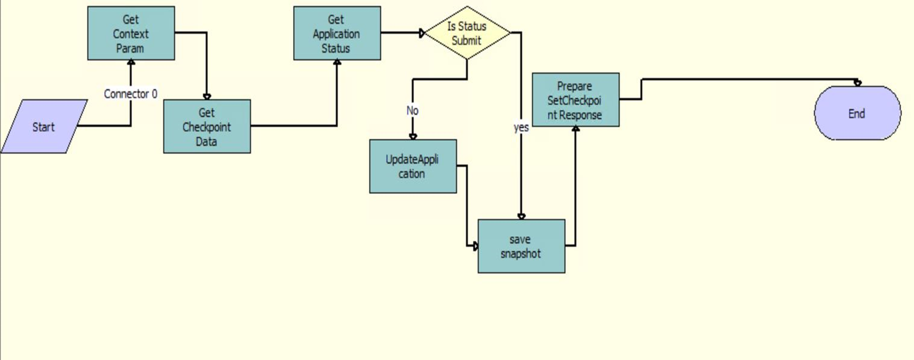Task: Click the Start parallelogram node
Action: (44, 126)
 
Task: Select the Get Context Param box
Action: (131, 33)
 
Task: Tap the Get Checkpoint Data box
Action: (207, 126)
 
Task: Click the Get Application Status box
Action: (337, 33)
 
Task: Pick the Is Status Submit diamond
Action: (467, 33)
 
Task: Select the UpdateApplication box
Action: (413, 166)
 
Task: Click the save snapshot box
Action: (521, 247)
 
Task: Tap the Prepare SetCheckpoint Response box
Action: (576, 100)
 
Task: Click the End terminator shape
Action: (858, 113)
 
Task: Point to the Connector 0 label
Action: (130, 94)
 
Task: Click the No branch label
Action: (412, 110)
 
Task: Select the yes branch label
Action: (521, 127)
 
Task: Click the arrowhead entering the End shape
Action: (858, 83)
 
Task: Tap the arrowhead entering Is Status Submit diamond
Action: (422, 33)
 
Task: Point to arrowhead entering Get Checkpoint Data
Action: (207, 97)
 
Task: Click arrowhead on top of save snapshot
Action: (521, 217)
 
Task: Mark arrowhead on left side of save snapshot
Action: (475, 247)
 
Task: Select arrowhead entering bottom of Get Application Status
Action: (337, 63)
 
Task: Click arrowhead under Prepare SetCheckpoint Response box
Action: (576, 129)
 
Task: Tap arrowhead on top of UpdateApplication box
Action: (413, 137)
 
